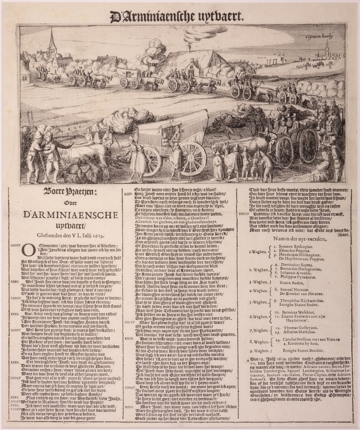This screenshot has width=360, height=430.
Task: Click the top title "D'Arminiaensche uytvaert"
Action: (177, 17)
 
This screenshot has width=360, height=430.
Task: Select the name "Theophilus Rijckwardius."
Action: (300, 301)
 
